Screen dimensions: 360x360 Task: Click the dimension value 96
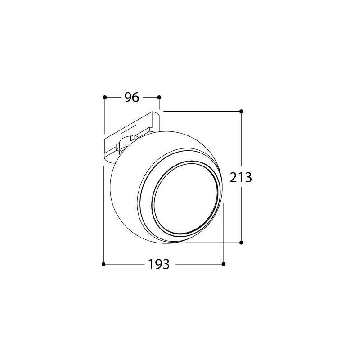[x=132, y=97]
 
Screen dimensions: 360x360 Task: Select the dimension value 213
[x=241, y=177]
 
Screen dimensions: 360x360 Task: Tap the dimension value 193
[x=159, y=264]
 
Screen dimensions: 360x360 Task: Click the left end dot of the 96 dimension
[x=105, y=97]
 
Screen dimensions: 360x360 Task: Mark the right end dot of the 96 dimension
[x=159, y=97]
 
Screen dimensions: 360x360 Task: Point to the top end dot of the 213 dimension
[x=241, y=111]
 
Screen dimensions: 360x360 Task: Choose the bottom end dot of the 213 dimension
[x=241, y=243]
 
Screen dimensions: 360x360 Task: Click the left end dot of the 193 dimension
[x=103, y=264]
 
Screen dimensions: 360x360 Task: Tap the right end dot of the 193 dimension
[x=224, y=264]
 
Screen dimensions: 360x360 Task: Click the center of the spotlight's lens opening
[x=185, y=198]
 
